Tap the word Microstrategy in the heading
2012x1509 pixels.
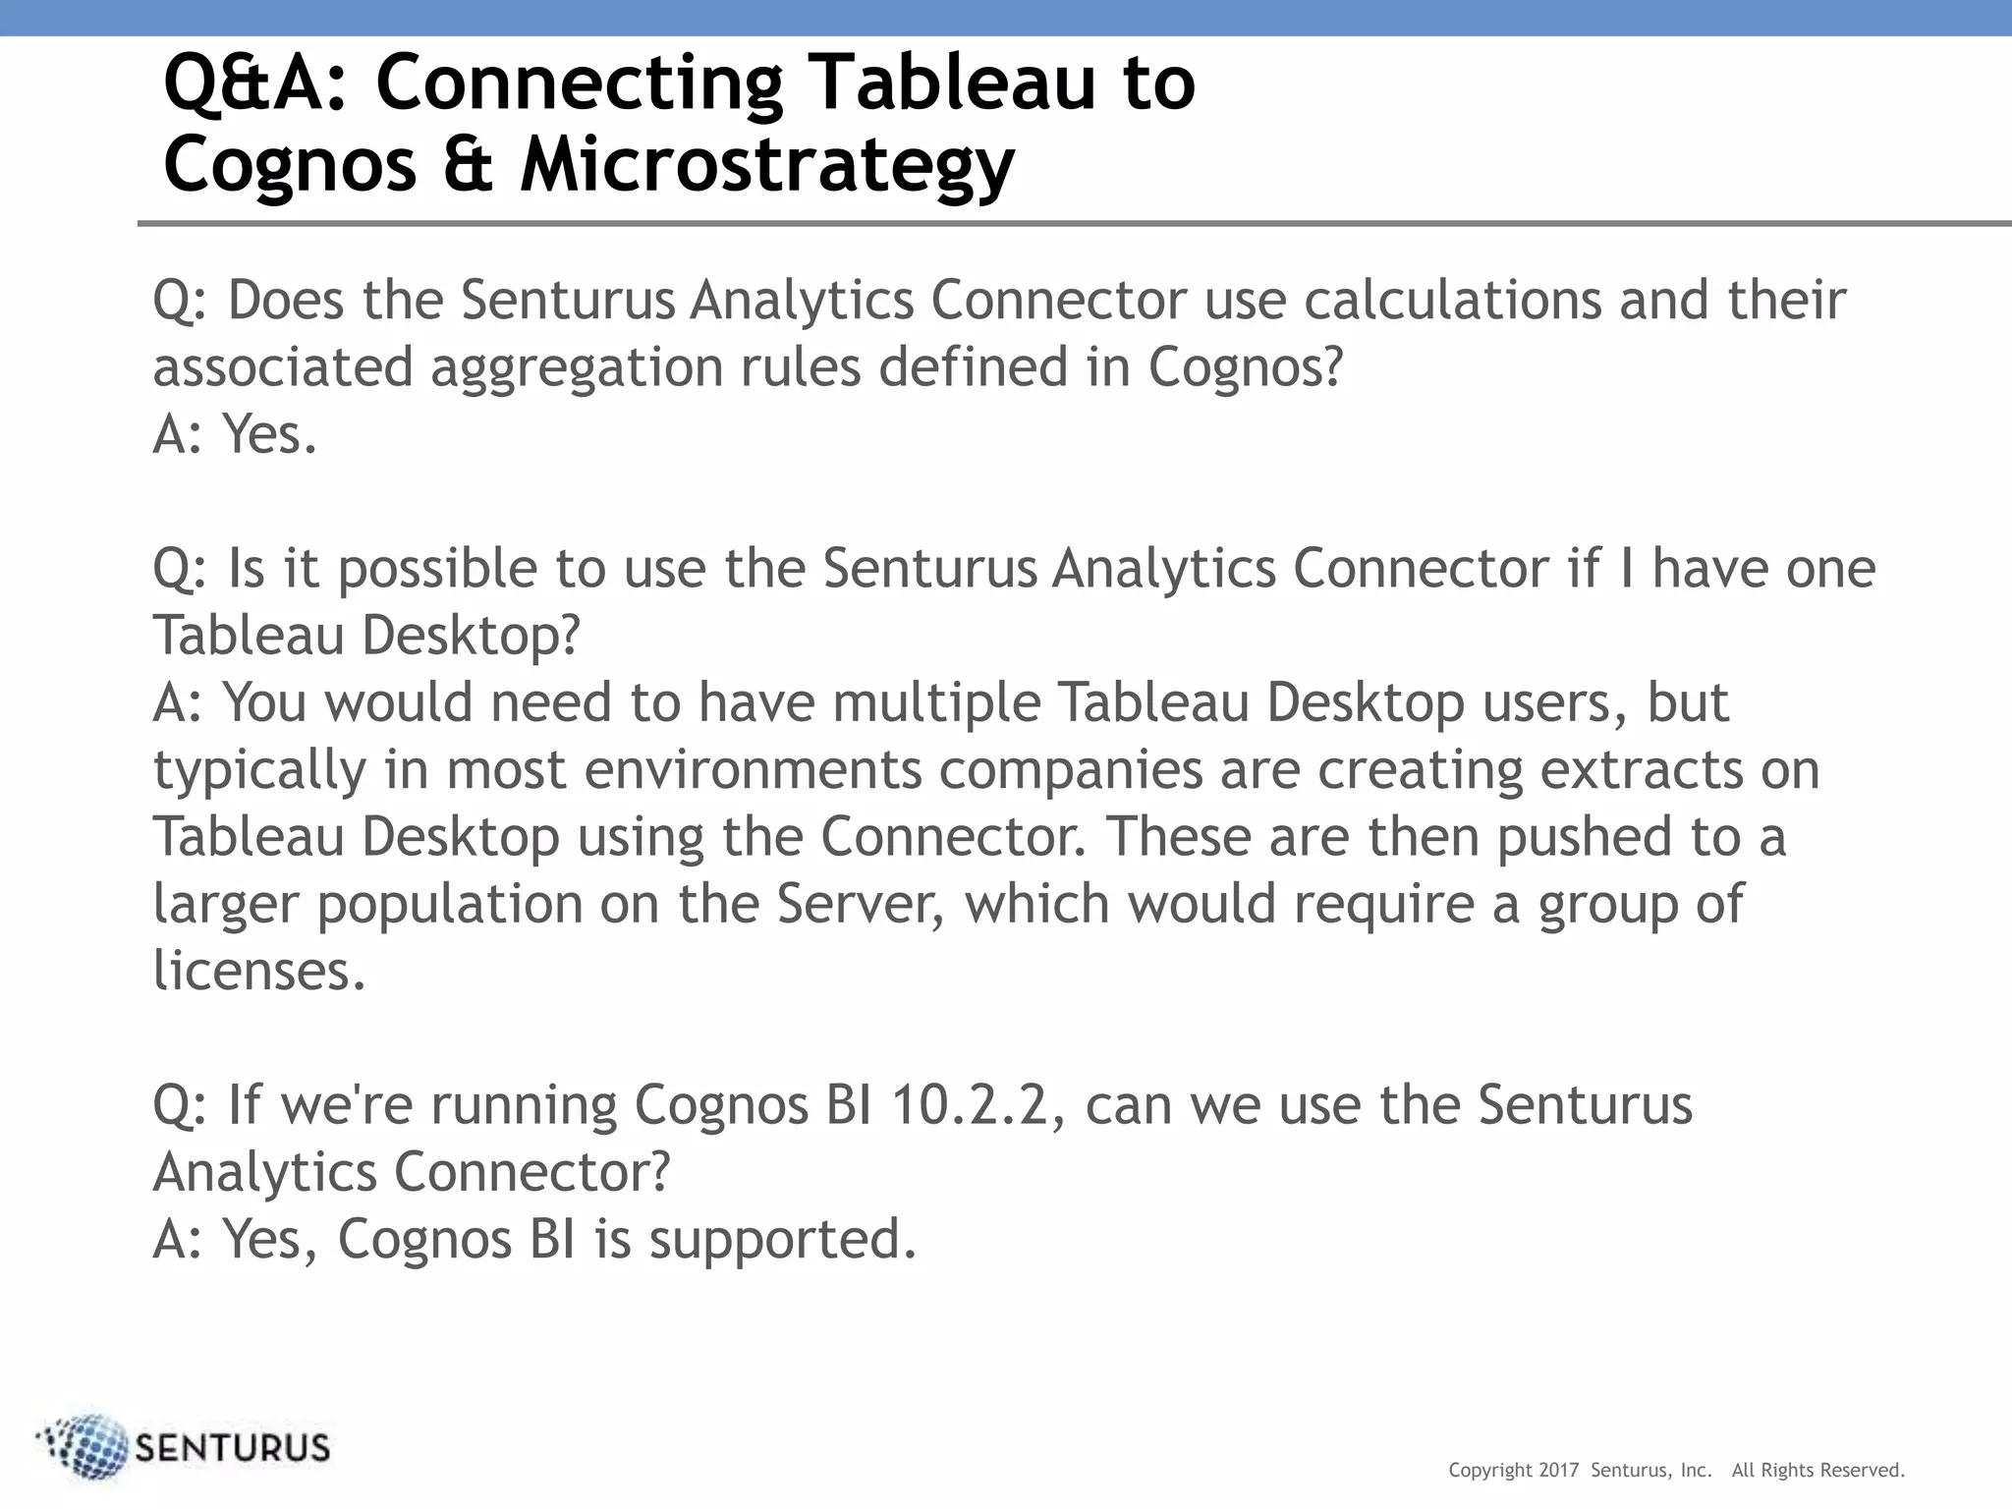click(x=767, y=165)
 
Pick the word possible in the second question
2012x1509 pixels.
click(x=438, y=570)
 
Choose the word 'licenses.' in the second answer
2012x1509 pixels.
click(x=259, y=971)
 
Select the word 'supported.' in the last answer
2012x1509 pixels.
click(x=782, y=1241)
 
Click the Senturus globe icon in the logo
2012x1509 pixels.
click(x=85, y=1447)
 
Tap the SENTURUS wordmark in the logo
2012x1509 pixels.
click(x=233, y=1448)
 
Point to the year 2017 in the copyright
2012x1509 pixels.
click(x=1558, y=1471)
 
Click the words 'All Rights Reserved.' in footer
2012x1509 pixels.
click(x=1817, y=1471)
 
